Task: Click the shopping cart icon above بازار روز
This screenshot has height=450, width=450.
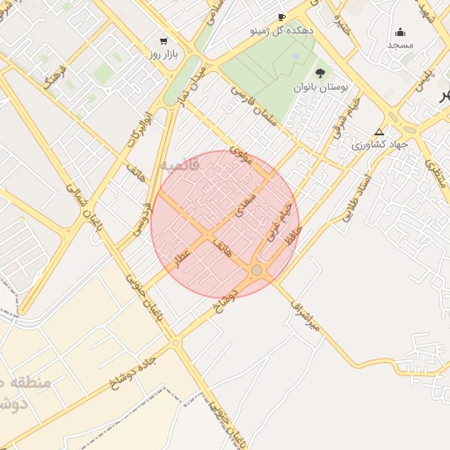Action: [x=163, y=40]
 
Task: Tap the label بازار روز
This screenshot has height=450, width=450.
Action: [x=163, y=54]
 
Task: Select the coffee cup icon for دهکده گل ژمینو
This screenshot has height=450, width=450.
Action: [x=281, y=17]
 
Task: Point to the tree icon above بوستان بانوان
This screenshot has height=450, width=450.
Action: [x=319, y=73]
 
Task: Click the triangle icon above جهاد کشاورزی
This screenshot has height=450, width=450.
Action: [x=379, y=132]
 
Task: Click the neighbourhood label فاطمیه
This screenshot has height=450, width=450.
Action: [x=181, y=164]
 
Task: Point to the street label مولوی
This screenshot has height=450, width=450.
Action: [x=240, y=156]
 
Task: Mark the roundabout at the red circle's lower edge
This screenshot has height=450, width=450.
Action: [x=258, y=271]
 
